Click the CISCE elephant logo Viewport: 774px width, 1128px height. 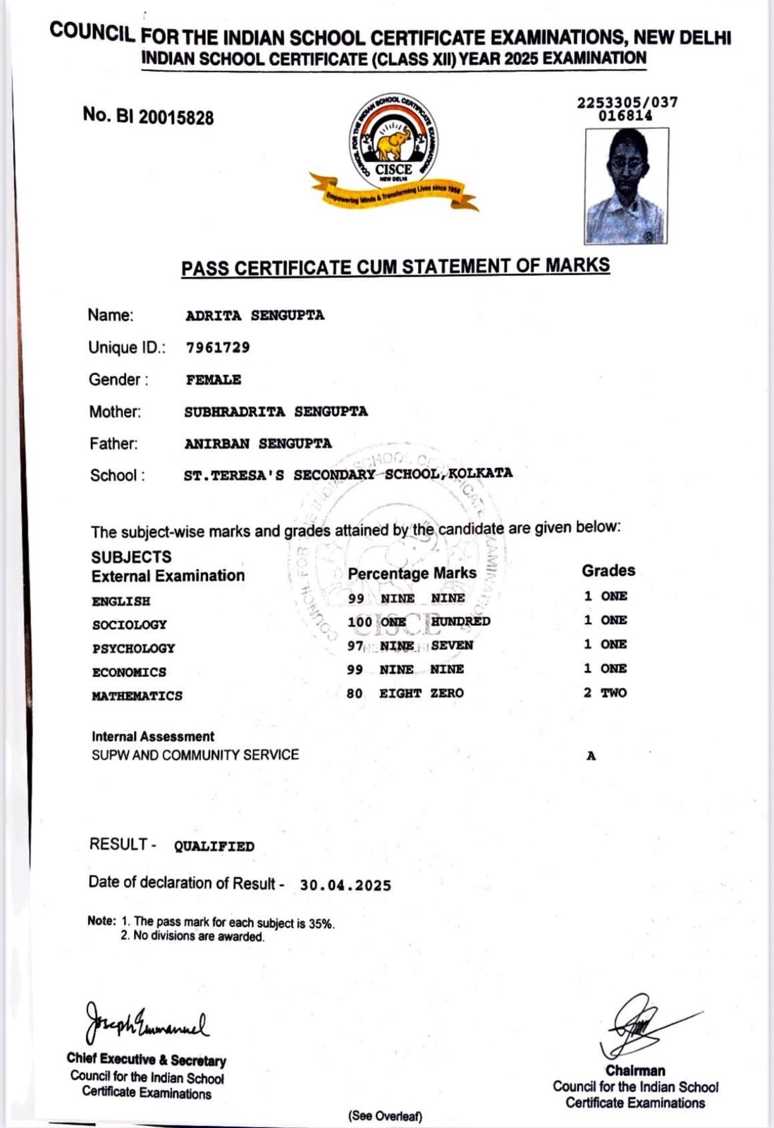coord(393,145)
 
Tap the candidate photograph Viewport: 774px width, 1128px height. coord(626,185)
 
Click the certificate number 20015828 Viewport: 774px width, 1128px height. coord(176,117)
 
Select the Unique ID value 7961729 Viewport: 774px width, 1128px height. coord(218,348)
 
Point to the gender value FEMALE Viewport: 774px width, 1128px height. coord(214,380)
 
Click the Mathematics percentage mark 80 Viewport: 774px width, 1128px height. coord(355,694)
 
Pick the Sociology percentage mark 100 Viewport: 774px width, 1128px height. coord(360,622)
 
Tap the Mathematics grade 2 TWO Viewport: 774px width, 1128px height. coord(605,693)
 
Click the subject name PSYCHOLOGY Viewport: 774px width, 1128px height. coord(133,649)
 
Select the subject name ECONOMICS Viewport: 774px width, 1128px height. coord(129,673)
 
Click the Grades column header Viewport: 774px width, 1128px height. coord(608,570)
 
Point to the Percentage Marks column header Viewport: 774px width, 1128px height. coord(412,573)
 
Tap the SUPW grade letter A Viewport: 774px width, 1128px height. coord(591,756)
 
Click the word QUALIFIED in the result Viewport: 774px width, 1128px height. coord(214,847)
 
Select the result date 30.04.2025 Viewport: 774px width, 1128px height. coord(345,885)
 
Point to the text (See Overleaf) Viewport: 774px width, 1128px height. coord(385,1116)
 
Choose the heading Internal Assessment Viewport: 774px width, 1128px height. coord(153,737)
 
